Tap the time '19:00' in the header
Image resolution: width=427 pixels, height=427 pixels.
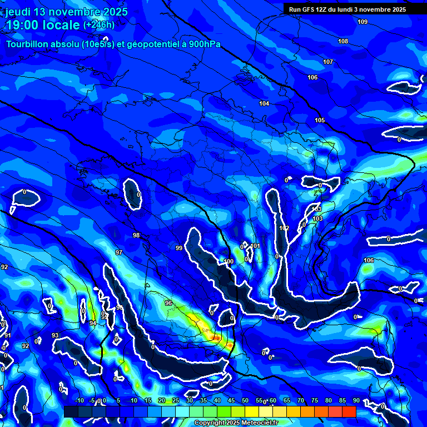click(x=23, y=26)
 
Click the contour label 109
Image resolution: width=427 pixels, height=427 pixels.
click(x=363, y=22)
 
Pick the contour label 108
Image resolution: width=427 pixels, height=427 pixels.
click(x=343, y=42)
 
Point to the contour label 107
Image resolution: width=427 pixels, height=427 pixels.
click(x=328, y=62)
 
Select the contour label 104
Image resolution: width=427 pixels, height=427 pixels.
click(x=264, y=104)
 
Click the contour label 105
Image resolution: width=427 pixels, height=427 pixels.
click(x=320, y=121)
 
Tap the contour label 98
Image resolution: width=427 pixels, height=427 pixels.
click(x=136, y=235)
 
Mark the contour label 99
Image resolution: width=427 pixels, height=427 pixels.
click(x=179, y=248)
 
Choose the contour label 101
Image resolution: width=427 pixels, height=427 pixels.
click(x=256, y=246)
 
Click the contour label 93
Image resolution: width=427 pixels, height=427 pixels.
click(x=55, y=335)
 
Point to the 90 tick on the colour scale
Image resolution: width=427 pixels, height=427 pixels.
click(x=356, y=401)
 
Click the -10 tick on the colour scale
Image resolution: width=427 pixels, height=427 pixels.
click(x=80, y=401)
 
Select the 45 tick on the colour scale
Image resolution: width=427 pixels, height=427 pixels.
click(x=231, y=401)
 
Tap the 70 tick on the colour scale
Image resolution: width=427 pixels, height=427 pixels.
click(x=300, y=401)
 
